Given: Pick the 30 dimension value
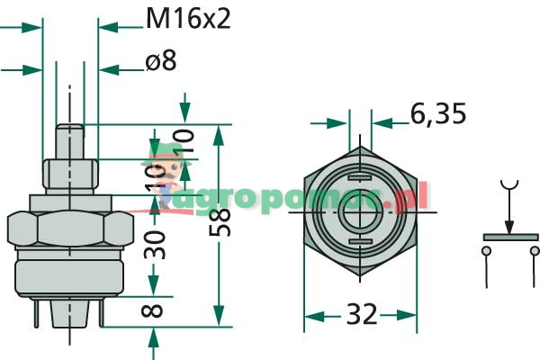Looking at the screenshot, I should (157, 243).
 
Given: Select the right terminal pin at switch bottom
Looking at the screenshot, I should (102, 310).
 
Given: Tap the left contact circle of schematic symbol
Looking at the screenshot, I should (487, 254).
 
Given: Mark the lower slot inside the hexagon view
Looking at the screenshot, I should (360, 243).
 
